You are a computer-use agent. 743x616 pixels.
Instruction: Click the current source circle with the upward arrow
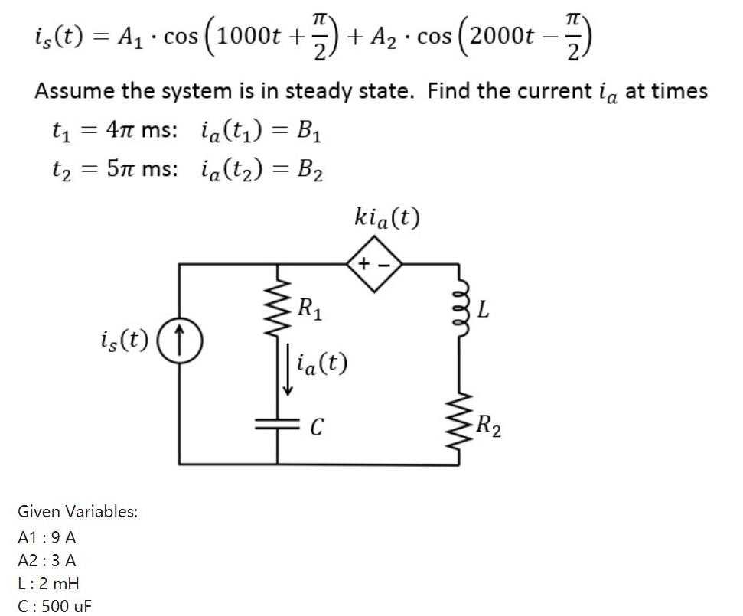[181, 337]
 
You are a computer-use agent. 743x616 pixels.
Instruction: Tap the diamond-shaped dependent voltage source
[376, 264]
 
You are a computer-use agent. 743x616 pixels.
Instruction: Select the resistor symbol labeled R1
[277, 309]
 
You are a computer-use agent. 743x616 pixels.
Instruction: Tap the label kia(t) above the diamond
[387, 219]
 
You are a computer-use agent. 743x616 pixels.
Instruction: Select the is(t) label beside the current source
[124, 337]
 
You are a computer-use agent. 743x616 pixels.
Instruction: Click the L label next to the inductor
[483, 311]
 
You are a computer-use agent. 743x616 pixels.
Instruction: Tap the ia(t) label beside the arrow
[321, 363]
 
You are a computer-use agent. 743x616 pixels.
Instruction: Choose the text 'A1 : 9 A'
[47, 536]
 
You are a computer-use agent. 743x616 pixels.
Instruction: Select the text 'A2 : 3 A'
[47, 559]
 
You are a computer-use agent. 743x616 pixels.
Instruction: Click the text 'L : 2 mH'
[48, 583]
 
